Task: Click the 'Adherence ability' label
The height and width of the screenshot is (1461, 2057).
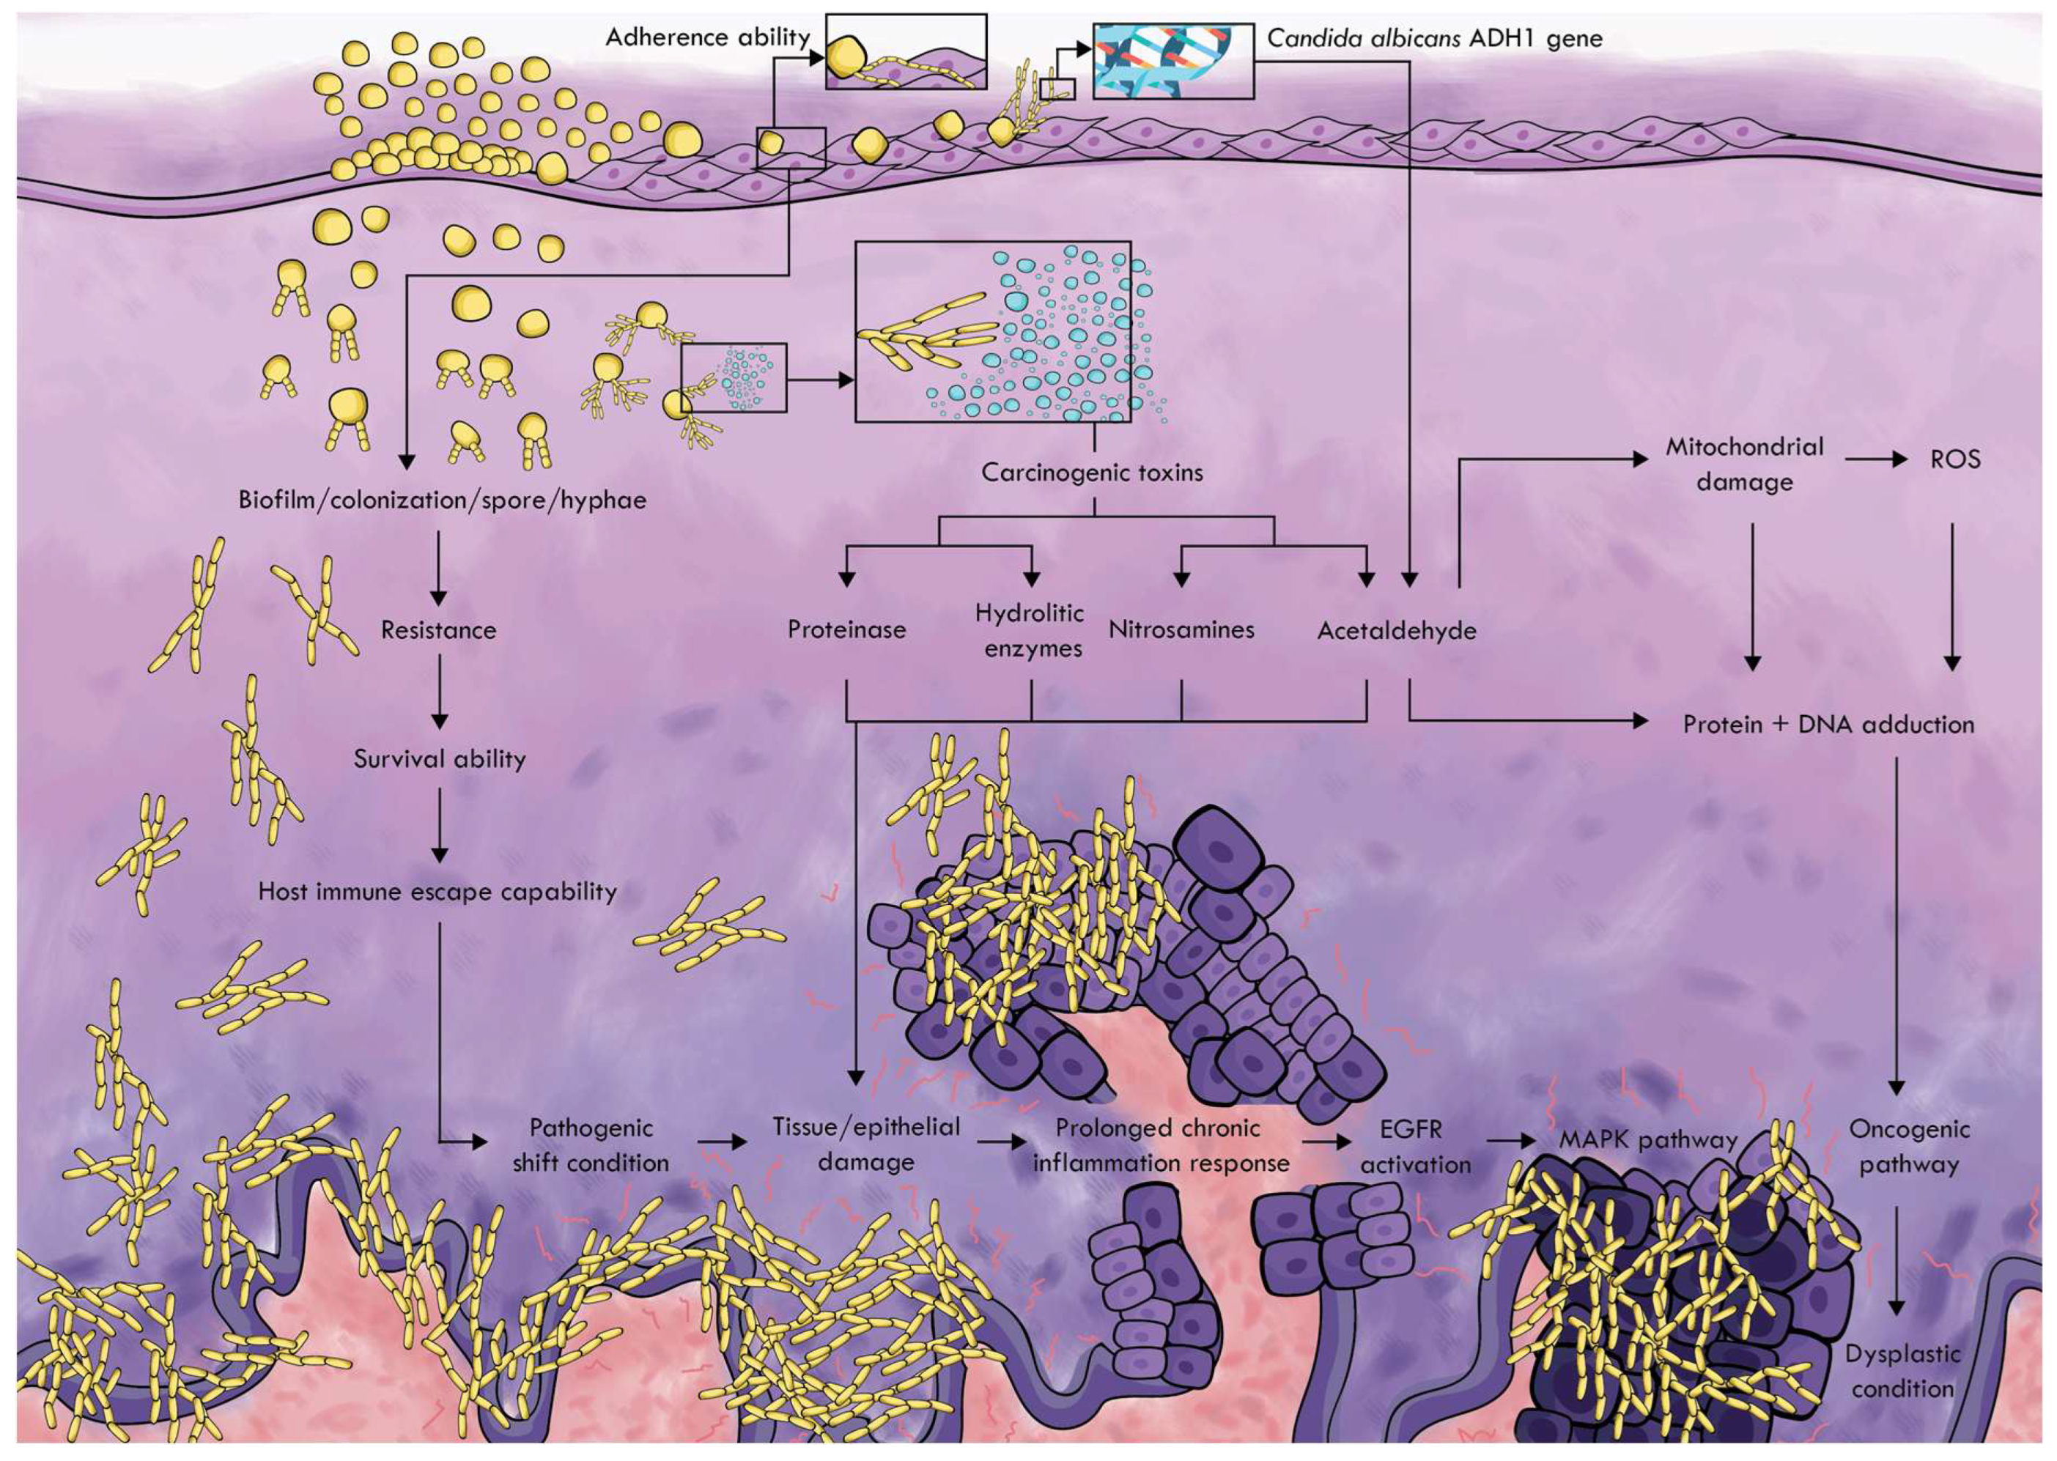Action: [x=707, y=38]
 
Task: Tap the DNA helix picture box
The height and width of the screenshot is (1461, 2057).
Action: [x=1172, y=60]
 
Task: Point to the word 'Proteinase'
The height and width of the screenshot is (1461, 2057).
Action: [x=846, y=629]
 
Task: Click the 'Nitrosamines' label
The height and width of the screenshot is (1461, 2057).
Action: [x=1181, y=629]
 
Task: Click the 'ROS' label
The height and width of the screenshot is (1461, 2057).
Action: [x=1954, y=459]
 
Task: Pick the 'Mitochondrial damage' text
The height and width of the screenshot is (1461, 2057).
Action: [x=1744, y=465]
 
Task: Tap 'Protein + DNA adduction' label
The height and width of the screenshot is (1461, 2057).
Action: [x=1828, y=724]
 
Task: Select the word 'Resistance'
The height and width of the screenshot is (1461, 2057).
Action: [x=438, y=629]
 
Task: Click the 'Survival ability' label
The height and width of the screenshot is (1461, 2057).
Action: [x=439, y=758]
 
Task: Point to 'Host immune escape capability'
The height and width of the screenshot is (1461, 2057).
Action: [x=437, y=892]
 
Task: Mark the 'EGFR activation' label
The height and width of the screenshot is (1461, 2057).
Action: [x=1416, y=1146]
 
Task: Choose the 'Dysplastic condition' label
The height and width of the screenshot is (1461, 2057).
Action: [x=1902, y=1371]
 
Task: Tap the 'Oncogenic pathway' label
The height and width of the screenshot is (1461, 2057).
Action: [x=1910, y=1146]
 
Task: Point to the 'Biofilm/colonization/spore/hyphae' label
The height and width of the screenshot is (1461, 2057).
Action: [x=442, y=500]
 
